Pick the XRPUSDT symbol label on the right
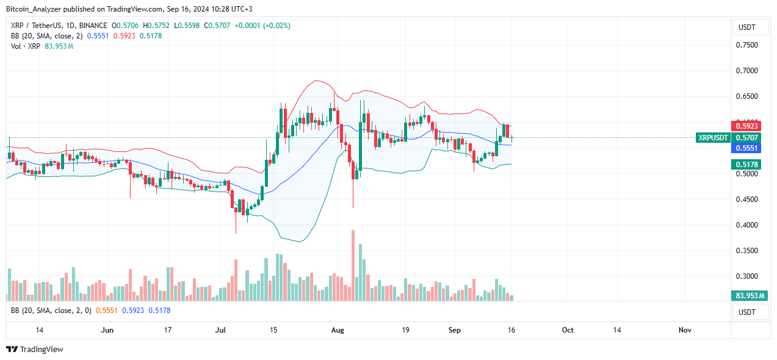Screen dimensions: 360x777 [713, 138]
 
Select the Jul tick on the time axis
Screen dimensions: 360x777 [221, 330]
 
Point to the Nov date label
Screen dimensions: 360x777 [685, 330]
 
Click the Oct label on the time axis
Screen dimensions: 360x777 [568, 330]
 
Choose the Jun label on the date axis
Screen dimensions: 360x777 [107, 330]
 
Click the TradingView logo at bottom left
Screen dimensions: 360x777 [35, 350]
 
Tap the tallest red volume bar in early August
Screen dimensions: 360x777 [353, 265]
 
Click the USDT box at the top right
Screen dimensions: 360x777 [746, 27]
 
